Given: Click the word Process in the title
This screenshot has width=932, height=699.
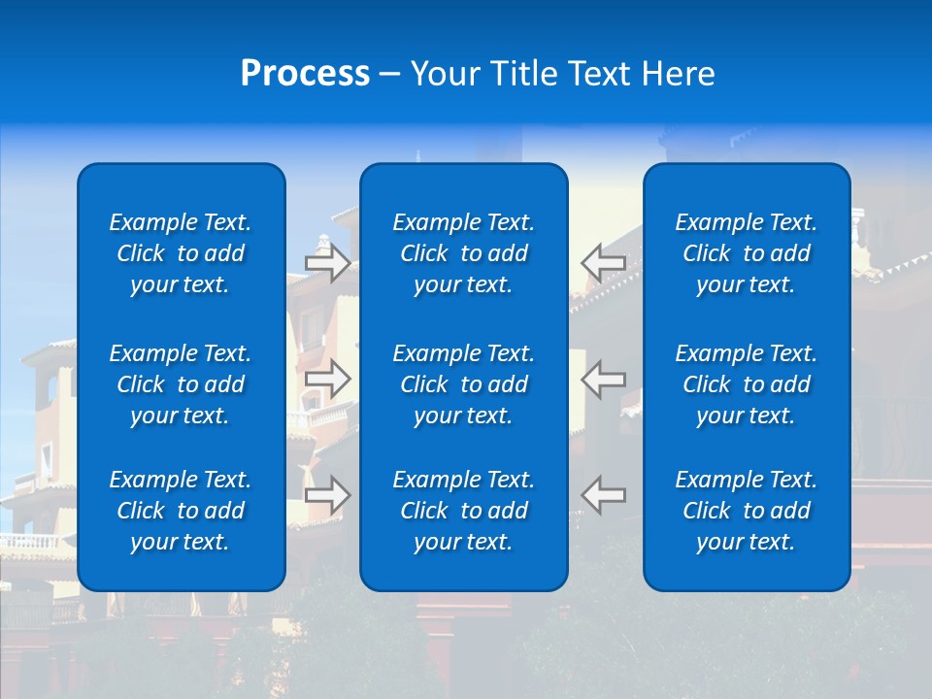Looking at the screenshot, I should click(x=305, y=74).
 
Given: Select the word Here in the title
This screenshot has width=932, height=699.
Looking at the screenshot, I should click(x=676, y=74).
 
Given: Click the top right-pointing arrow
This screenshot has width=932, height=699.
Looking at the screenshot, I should click(x=327, y=262).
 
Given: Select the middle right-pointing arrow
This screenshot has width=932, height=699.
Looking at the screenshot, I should click(x=327, y=379).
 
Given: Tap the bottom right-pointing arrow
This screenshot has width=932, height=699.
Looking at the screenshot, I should click(x=327, y=494).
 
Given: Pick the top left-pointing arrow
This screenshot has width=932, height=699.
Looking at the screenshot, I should click(x=604, y=262).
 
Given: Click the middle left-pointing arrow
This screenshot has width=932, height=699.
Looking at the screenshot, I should click(x=604, y=379).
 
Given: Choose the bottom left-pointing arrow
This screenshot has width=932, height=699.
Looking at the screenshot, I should click(x=604, y=494).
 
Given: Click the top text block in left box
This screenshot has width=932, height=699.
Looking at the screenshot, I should click(x=181, y=253).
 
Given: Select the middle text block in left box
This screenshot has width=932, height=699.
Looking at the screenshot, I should click(x=181, y=384).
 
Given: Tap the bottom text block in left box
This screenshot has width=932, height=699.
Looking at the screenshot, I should click(x=181, y=511).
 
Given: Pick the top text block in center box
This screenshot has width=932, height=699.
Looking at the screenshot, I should click(x=463, y=253).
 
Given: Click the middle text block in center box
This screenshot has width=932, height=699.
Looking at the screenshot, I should click(x=463, y=384).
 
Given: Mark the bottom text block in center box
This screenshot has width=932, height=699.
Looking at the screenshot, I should click(x=463, y=511).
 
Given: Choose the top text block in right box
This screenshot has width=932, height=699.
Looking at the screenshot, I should click(x=746, y=253).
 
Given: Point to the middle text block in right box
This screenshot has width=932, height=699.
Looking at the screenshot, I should click(x=746, y=384).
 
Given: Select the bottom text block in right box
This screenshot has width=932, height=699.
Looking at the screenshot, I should click(x=746, y=511).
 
